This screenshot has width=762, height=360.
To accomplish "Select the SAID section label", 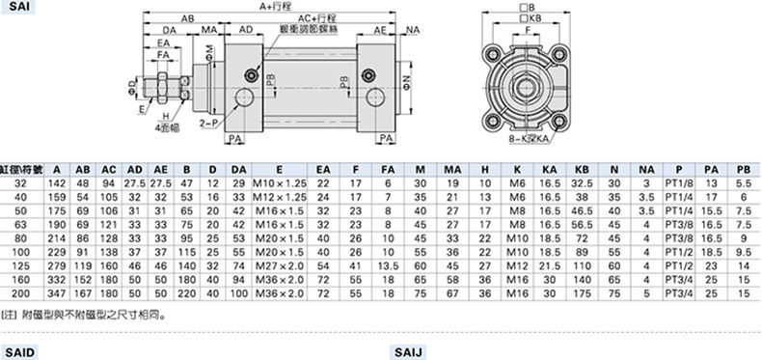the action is click(x=19, y=352).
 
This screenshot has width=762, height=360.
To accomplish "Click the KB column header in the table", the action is click(x=582, y=170).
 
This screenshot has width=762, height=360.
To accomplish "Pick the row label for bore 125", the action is click(x=21, y=266).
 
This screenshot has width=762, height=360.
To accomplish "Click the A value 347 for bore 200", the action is click(x=57, y=293).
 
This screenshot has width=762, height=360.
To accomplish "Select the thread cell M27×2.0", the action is click(x=280, y=266).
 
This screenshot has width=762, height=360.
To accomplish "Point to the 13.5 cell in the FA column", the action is click(x=388, y=266).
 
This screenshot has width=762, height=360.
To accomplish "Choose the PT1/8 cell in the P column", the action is click(x=678, y=183).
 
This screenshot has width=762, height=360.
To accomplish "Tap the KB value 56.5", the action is click(x=582, y=225).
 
